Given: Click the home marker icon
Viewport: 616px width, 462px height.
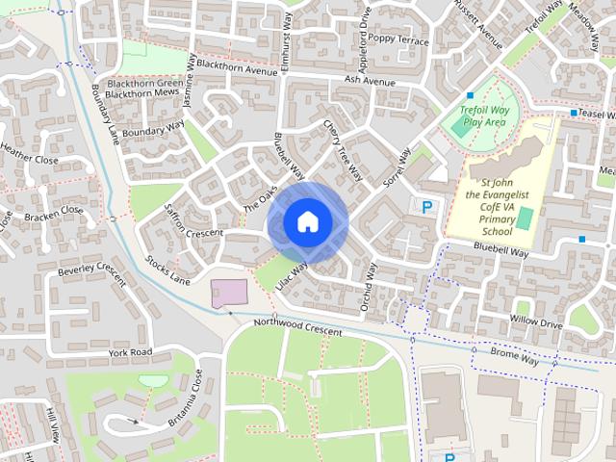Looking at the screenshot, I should (306, 222).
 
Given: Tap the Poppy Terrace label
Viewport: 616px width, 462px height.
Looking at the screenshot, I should (398, 40).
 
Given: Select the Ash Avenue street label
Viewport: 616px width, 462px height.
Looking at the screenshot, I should (370, 83).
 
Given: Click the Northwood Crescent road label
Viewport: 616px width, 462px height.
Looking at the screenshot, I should (297, 327).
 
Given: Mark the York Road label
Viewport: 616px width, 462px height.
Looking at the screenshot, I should (130, 353).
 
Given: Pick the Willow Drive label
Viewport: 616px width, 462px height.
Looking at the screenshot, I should (536, 322).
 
